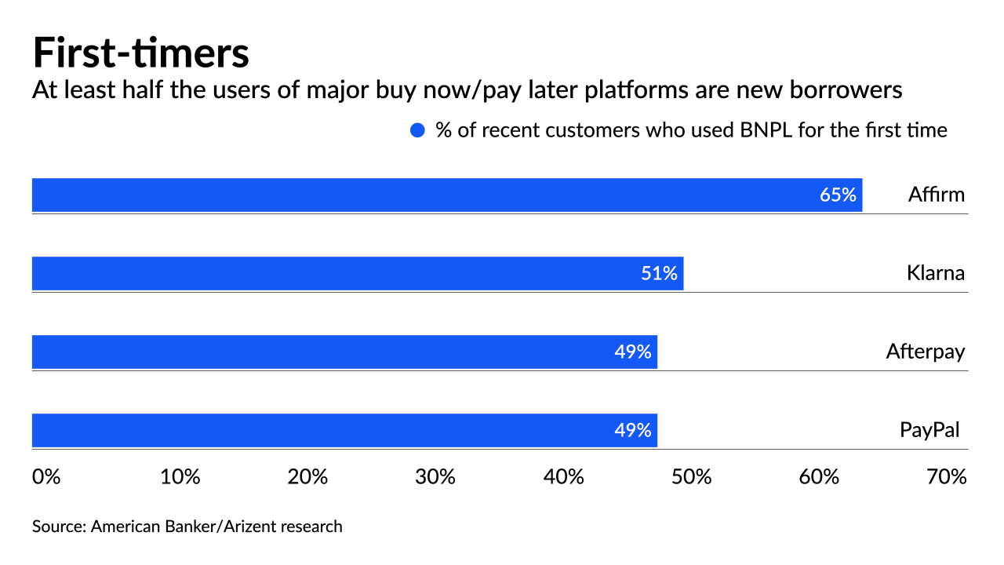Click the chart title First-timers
pyautogui.click(x=140, y=53)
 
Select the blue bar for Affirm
pyautogui.click(x=447, y=195)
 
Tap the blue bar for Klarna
pyautogui.click(x=358, y=273)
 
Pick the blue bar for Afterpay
pyautogui.click(x=344, y=352)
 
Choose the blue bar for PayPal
pyautogui.click(x=344, y=430)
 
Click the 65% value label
pyautogui.click(x=838, y=195)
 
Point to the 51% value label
pyautogui.click(x=659, y=274)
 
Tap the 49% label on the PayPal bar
pyautogui.click(x=633, y=431)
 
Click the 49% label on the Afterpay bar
pyautogui.click(x=633, y=352)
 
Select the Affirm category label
pyautogui.click(x=937, y=195)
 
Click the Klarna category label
pyautogui.click(x=935, y=273)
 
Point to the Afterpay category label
pyautogui.click(x=926, y=352)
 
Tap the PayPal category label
pyautogui.click(x=930, y=430)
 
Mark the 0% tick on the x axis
pyautogui.click(x=46, y=476)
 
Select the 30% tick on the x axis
pyautogui.click(x=435, y=476)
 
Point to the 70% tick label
pyautogui.click(x=947, y=476)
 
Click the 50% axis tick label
pyautogui.click(x=692, y=476)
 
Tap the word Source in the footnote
pyautogui.click(x=59, y=527)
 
